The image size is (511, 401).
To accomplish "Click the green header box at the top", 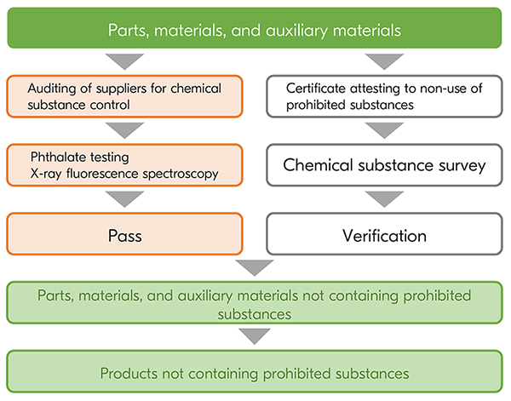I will point(255,30).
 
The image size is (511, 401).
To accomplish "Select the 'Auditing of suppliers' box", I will point(125,95).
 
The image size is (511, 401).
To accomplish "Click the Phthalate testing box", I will point(125,164).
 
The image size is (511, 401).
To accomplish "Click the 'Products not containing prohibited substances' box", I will point(255,373).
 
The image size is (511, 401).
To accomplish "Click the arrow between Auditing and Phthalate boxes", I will point(125,130).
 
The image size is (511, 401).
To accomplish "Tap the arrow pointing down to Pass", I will point(125,198).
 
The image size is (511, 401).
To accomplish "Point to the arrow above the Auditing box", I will point(125,61).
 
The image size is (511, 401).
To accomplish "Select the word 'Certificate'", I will point(317,88).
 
